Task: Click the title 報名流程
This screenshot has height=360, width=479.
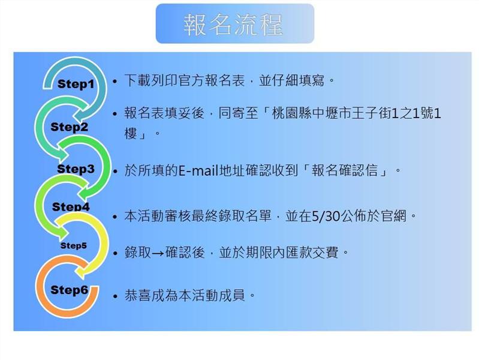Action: (233, 25)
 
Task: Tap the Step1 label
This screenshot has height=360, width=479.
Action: (76, 84)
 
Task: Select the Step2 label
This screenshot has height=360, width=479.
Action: (70, 127)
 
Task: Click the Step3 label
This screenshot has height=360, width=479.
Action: (76, 169)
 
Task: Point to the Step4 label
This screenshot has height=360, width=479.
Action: (71, 207)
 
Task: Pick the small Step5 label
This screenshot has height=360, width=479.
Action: (74, 245)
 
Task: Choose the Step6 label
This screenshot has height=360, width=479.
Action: (70, 290)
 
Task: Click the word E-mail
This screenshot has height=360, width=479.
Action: (198, 170)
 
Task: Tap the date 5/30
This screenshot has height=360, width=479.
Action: (326, 216)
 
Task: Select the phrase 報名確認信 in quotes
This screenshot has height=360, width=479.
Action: (345, 170)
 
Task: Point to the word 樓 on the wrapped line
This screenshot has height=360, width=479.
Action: (131, 133)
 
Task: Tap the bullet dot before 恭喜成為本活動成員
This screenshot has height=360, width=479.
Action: (115, 296)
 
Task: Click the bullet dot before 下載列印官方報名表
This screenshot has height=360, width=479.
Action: (115, 82)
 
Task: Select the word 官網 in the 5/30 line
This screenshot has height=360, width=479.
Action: (394, 216)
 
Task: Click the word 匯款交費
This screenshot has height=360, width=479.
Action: (312, 253)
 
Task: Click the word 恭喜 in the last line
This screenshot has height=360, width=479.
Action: (137, 295)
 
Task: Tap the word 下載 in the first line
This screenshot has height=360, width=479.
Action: (137, 81)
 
